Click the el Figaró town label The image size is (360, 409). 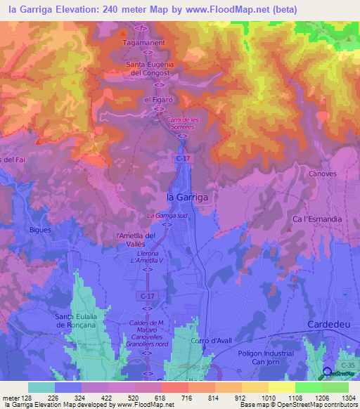click(x=158, y=100)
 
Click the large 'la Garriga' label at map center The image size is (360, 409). click(x=187, y=197)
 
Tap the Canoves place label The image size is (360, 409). click(x=323, y=173)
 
